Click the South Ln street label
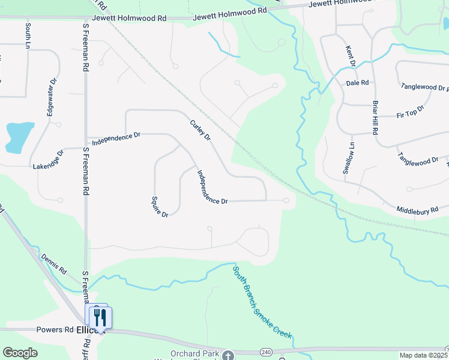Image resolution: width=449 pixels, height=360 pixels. pos(28,35)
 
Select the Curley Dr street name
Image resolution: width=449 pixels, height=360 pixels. pos(200,130)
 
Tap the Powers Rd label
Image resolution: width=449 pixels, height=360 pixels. pos(55,330)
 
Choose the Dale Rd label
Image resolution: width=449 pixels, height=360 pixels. pos(357,83)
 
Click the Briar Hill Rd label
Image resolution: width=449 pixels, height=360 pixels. pos(375,117)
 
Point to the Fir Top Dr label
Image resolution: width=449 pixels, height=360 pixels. pos(411,112)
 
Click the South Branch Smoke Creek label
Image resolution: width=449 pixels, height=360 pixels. pos(262,302)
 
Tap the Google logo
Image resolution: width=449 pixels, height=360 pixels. pos(20,353)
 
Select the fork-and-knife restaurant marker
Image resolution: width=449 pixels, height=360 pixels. pos(101,317)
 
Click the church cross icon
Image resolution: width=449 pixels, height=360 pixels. pos(228,356)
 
